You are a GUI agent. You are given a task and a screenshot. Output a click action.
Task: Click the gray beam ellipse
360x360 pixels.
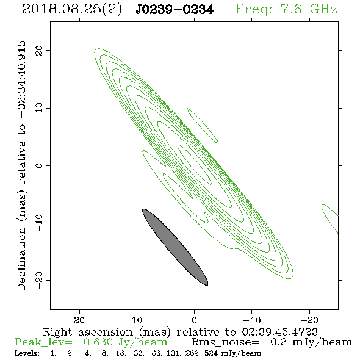pyautogui.click(x=175, y=247)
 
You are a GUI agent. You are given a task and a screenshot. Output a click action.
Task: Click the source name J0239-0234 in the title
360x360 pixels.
pyautogui.click(x=175, y=10)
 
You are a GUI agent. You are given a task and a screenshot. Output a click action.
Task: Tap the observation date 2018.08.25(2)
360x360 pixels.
pyautogui.click(x=72, y=10)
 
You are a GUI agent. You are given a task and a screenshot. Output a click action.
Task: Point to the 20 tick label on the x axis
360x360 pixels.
pyautogui.click(x=79, y=320)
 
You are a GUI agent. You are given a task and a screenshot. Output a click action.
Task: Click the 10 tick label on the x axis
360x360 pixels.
pyautogui.click(x=137, y=320)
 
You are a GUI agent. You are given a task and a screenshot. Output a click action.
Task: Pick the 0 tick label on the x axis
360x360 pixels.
pyautogui.click(x=195, y=320)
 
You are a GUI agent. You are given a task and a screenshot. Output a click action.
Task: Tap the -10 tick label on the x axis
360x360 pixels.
pyautogui.click(x=252, y=320)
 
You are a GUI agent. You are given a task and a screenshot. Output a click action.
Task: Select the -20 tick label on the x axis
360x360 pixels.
pyautogui.click(x=309, y=320)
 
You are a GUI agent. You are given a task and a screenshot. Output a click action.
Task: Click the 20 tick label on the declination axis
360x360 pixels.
pyautogui.click(x=39, y=50)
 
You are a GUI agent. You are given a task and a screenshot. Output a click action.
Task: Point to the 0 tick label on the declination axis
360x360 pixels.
pyautogui.click(x=39, y=165)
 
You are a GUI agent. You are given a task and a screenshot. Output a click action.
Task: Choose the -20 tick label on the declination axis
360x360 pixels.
pyautogui.click(x=39, y=280)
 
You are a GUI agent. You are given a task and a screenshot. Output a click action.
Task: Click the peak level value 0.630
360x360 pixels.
pyautogui.click(x=98, y=342)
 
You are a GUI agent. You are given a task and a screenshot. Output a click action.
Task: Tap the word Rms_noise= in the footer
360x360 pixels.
pyautogui.click(x=225, y=342)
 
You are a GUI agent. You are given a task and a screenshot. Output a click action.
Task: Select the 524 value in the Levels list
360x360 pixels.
pyautogui.click(x=211, y=353)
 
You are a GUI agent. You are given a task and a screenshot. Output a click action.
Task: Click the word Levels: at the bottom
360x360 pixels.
pyautogui.click(x=27, y=353)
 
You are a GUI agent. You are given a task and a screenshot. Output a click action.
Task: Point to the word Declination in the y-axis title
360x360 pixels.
pyautogui.click(x=21, y=259)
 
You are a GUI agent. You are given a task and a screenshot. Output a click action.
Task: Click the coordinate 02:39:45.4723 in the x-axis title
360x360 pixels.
pyautogui.click(x=279, y=332)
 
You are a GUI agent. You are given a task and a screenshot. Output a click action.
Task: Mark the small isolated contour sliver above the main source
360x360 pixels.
pyautogui.click(x=203, y=125)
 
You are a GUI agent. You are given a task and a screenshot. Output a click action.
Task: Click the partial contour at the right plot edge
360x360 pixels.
pyautogui.click(x=330, y=218)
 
